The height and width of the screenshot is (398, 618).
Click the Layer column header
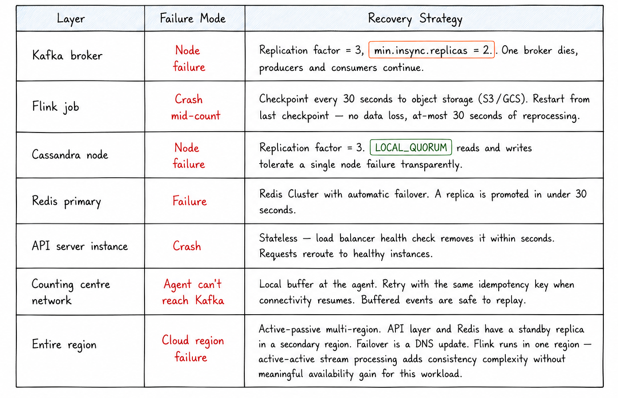pos(70,19)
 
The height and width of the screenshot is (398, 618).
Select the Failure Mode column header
pos(192,19)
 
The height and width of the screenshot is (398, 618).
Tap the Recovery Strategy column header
pos(415,19)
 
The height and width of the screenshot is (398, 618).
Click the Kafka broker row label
pos(67,55)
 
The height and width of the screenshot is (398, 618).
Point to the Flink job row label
pos(55,106)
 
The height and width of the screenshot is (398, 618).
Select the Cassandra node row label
pos(70,154)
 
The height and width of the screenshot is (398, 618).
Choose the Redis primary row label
pos(66,201)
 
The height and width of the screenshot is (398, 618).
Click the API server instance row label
pos(80,246)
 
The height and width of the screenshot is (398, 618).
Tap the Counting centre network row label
pos(71,292)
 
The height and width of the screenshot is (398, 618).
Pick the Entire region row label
pos(64,344)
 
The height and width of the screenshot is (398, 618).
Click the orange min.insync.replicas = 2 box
pos(431,50)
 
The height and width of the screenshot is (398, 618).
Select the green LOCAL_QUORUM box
pos(411,147)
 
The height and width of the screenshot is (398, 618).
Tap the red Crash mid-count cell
pos(196,107)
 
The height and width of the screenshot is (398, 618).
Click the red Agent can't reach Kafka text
pos(193,292)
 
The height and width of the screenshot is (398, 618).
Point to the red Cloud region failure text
pos(193,349)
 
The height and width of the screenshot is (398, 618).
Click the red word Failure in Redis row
pos(190,201)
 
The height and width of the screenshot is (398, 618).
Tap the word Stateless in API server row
pos(278,238)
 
